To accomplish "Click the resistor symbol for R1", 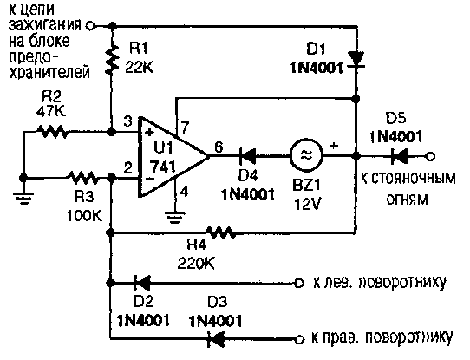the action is tap(112, 60).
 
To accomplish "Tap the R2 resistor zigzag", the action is tap(51, 131).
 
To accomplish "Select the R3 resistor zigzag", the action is tap(82, 178).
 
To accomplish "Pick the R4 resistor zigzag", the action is tap(219, 232).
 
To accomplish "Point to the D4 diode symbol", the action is tap(248, 156).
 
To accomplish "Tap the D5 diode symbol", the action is tap(399, 156).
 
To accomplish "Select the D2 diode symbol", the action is tap(142, 283).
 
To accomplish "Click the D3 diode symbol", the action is tap(216, 339).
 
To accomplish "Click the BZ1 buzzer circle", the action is tap(306, 155).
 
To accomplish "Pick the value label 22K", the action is tap(139, 68).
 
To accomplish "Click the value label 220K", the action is tap(196, 264).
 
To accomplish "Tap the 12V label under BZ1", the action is tap(308, 205).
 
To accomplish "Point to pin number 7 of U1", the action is tap(185, 128).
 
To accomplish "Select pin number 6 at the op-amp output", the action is tap(219, 147).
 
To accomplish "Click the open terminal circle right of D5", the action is tap(430, 156).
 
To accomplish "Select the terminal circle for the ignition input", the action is tap(90, 26).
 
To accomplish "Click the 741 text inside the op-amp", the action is tap(162, 167).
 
